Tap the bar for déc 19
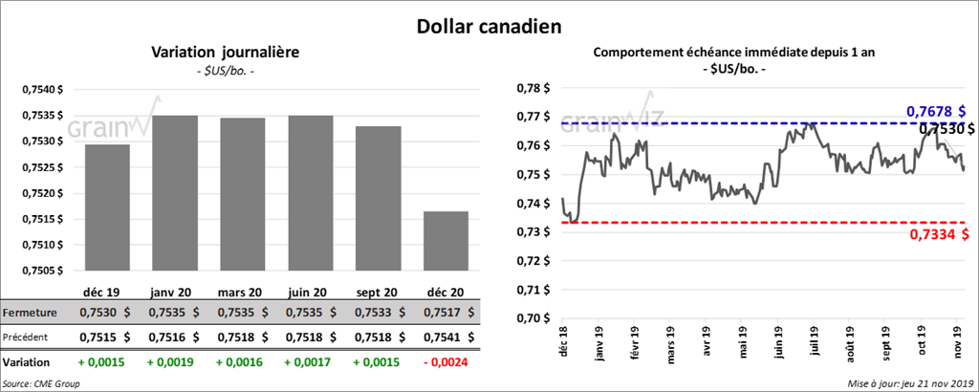coord(107,207)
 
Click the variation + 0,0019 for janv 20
coord(174,363)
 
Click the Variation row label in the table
coord(27,363)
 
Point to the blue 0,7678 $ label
coord(935,112)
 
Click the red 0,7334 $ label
coord(934,235)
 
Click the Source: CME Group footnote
coord(41,383)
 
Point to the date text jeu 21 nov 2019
coord(931,383)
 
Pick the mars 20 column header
coord(241,291)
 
